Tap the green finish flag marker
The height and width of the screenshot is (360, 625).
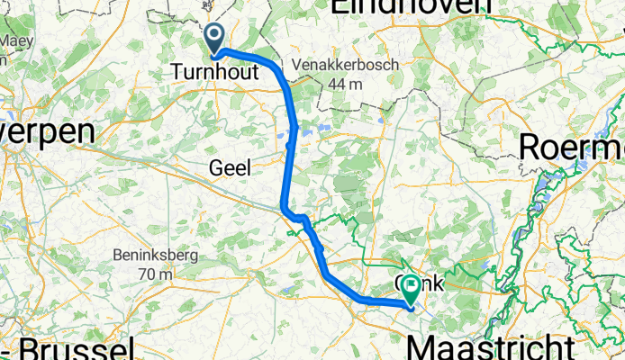point(412,289)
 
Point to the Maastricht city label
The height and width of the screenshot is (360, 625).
point(491,346)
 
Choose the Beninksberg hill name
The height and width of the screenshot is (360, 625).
point(155,255)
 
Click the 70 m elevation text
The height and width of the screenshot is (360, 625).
point(156,273)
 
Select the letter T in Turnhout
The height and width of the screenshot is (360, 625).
point(177,74)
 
